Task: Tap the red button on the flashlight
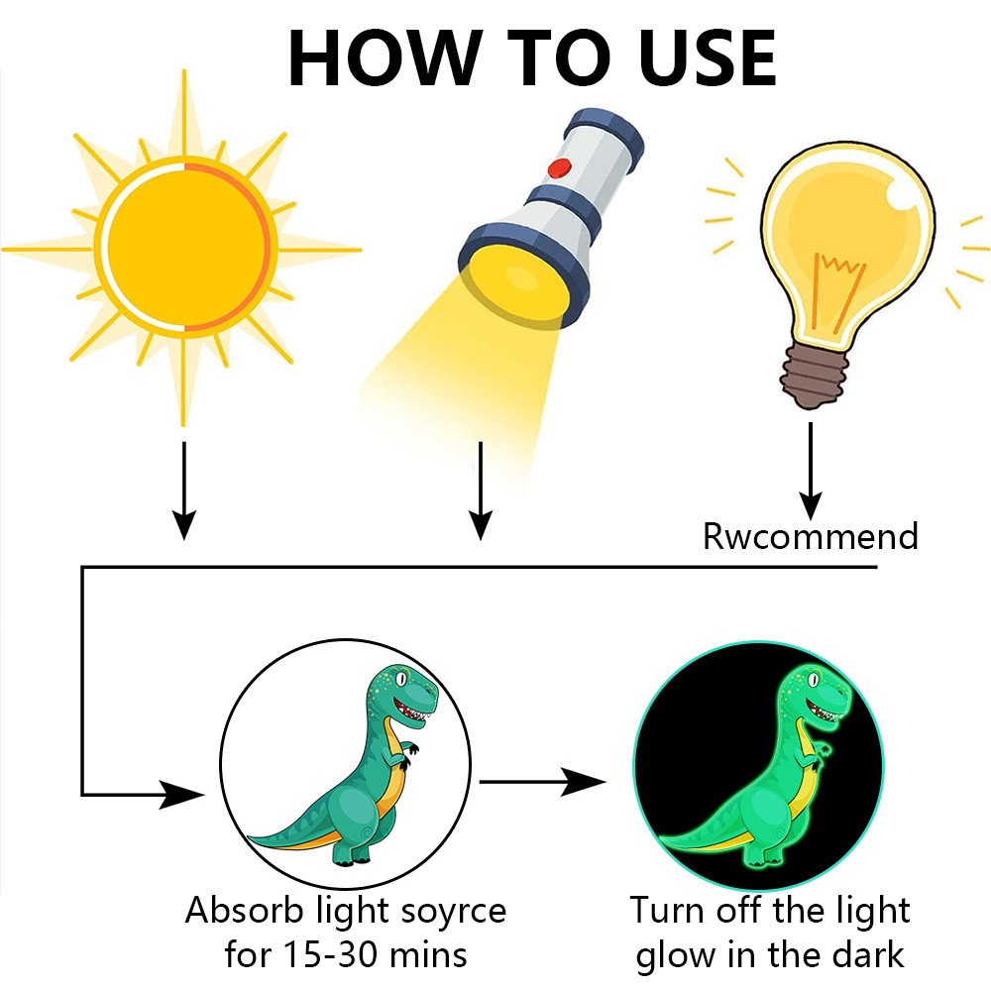pos(559,168)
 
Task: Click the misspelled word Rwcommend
pos(811,536)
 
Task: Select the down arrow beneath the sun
pos(184,491)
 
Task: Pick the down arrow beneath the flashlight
pos(481,491)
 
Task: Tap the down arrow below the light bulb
pos(811,472)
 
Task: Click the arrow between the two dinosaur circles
pos(542,782)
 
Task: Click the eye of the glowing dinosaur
pos(814,680)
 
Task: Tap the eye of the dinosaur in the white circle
pos(400,679)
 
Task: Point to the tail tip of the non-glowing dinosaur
pos(249,838)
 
